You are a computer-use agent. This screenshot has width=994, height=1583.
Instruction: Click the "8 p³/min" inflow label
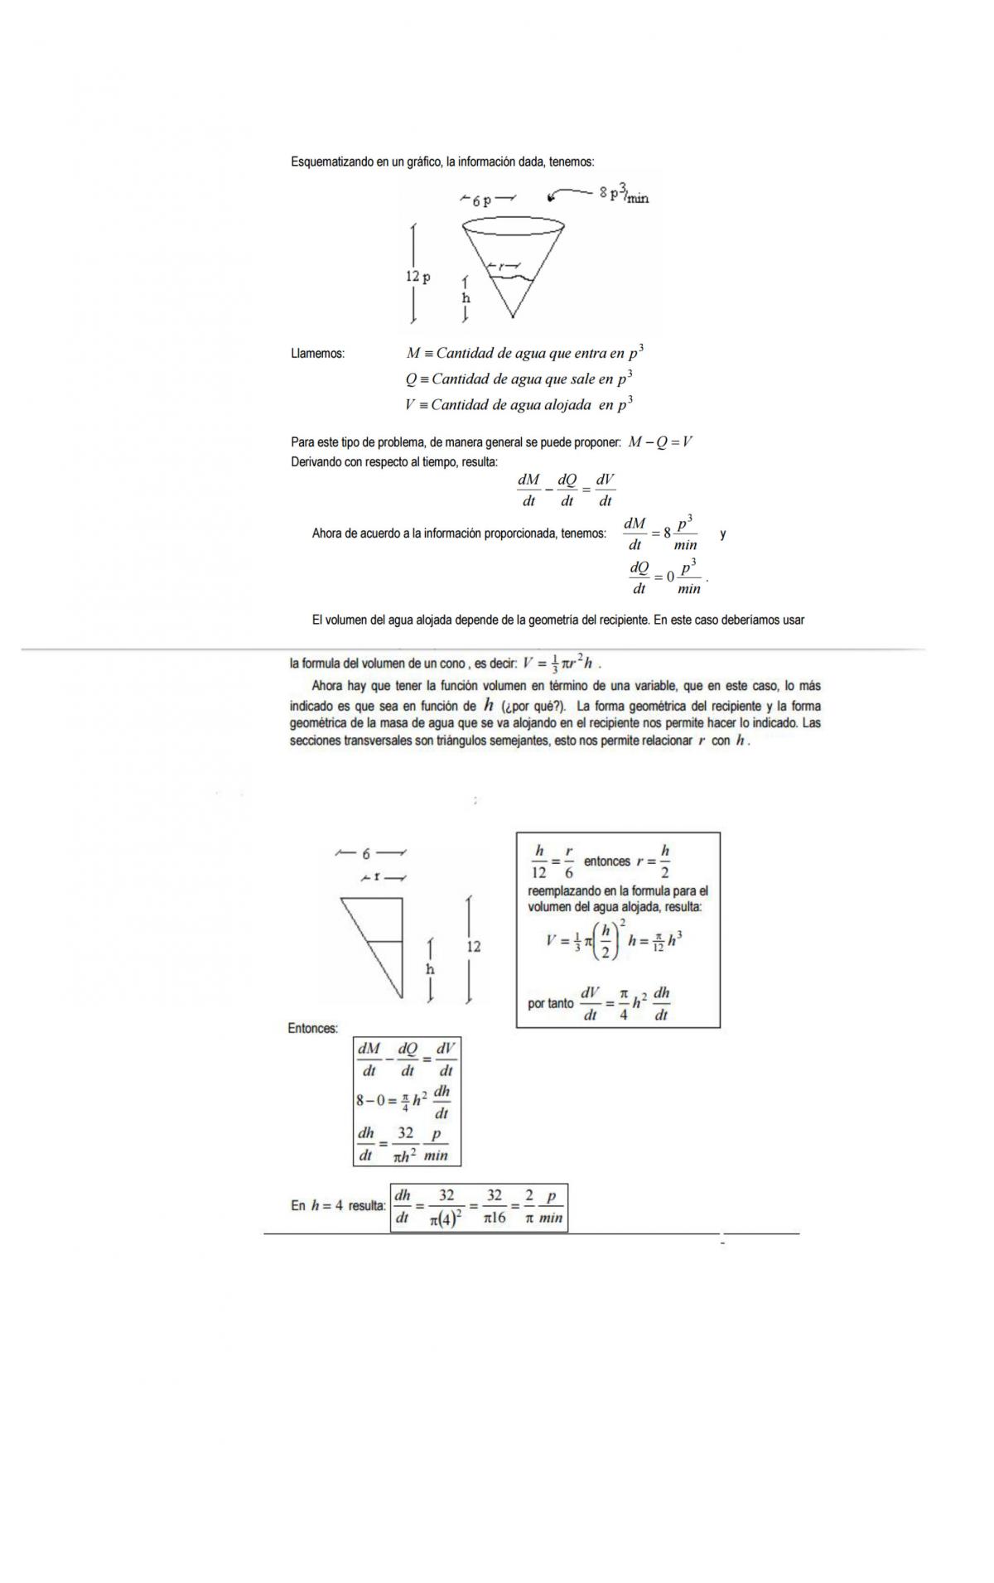[624, 195]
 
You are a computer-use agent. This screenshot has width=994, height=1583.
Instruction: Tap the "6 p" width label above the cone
[481, 200]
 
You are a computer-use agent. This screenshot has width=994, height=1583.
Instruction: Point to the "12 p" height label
[417, 277]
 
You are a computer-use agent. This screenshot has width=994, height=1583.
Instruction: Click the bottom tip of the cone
[513, 316]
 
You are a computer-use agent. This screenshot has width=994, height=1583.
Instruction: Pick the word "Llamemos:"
[318, 354]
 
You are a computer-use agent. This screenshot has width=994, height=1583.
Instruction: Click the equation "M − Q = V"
[660, 442]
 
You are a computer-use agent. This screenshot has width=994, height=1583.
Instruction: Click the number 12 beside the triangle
[474, 946]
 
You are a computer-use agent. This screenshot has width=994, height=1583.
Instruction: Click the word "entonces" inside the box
[607, 861]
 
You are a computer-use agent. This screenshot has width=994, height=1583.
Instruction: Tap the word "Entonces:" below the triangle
[313, 1028]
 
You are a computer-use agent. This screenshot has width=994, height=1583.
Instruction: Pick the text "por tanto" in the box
[550, 1003]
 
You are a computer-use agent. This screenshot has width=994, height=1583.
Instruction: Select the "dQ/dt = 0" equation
[665, 577]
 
